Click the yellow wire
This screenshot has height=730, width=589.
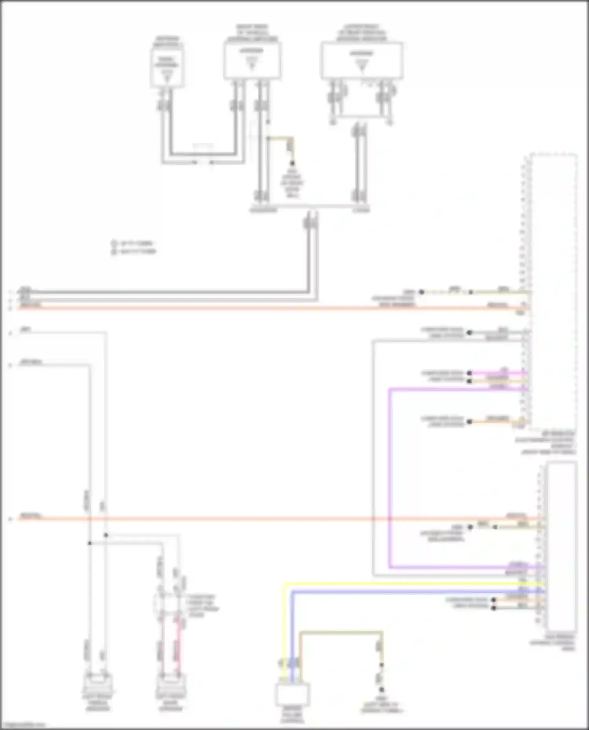point(393,584)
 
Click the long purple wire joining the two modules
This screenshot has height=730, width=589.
point(390,471)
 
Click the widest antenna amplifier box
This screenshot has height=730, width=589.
point(362,61)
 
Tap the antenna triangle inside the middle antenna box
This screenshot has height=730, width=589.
point(252,63)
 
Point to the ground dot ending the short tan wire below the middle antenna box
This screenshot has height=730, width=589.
point(292,163)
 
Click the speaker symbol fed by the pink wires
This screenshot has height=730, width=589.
point(171,684)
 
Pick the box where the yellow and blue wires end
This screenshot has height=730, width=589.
point(292,694)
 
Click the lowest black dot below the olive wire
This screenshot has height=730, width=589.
point(381,690)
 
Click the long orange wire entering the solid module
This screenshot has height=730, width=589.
point(275,519)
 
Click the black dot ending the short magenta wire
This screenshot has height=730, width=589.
point(469,373)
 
